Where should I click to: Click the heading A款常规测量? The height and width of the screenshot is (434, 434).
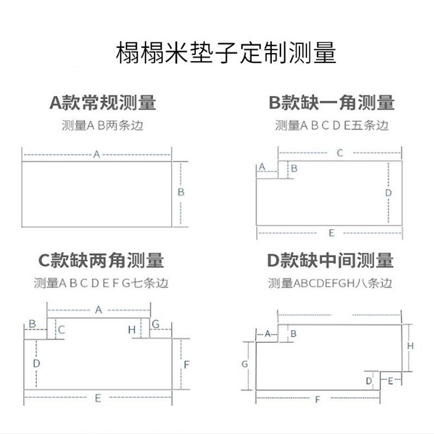coord(103,103)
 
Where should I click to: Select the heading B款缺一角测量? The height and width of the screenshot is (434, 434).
coord(331,103)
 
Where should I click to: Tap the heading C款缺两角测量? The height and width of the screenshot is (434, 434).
coord(101,260)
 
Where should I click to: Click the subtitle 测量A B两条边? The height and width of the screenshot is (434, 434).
coord(103,125)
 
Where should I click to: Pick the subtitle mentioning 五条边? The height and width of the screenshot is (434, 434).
coord(331,125)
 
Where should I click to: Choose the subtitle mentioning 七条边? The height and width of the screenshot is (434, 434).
coord(101,283)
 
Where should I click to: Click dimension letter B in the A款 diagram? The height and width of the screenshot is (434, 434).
coord(181,192)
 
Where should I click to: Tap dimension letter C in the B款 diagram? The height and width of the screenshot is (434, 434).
coord(340,153)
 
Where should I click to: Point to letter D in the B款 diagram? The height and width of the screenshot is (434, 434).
coord(388,193)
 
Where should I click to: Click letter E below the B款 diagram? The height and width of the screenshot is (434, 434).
coord(331,233)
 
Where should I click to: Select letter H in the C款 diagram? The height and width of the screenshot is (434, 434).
coord(132,329)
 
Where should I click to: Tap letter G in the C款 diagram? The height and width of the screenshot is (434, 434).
coord(156,324)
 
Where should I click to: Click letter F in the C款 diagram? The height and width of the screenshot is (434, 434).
coord(186,365)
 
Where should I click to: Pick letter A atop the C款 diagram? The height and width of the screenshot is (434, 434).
coord(99,310)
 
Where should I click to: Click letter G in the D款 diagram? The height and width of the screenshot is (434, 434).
coord(245,365)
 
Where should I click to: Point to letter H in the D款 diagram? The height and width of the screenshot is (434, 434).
coord(411,346)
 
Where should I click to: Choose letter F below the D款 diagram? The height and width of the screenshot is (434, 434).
coord(318,400)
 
